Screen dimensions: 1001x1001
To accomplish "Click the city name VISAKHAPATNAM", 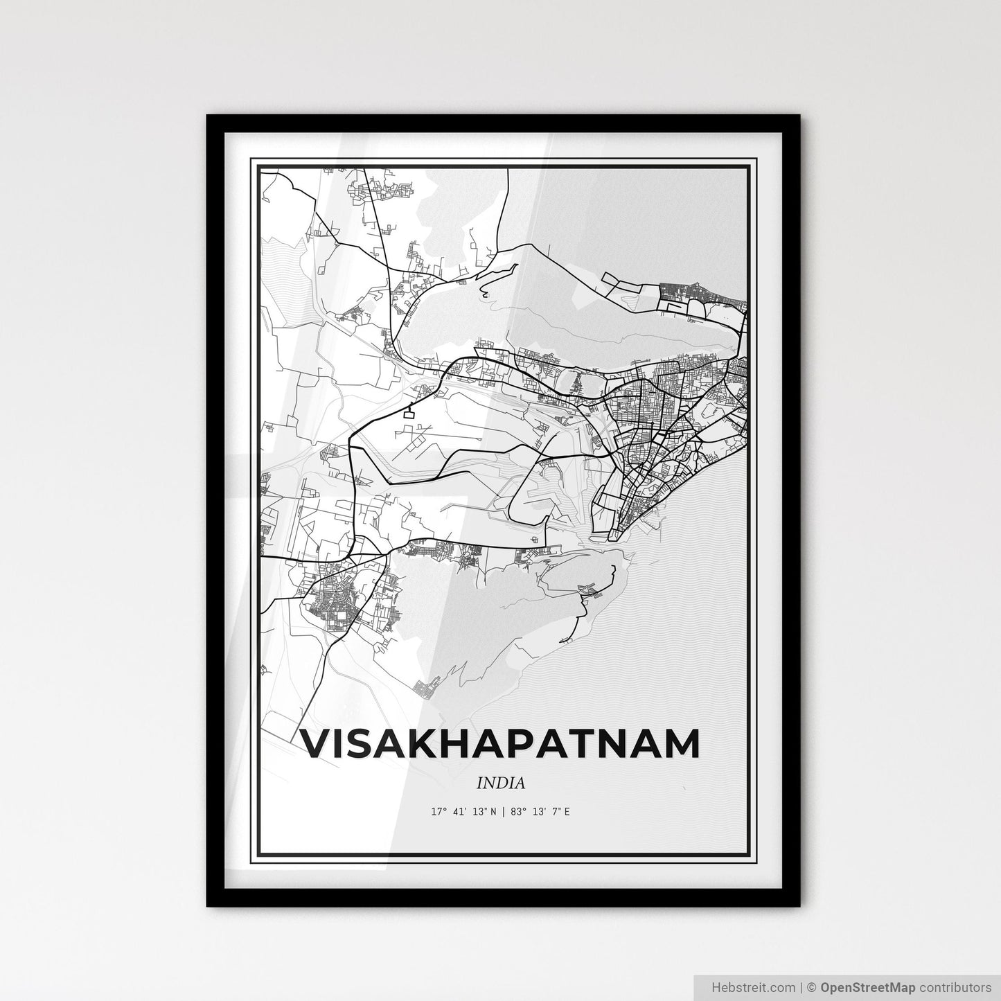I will coord(500,743).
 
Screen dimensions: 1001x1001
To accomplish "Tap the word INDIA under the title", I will coord(500,783).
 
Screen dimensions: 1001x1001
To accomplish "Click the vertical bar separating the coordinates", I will coord(504,811).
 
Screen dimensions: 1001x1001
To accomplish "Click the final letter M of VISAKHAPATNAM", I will coord(680,743).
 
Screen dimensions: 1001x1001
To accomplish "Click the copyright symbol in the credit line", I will coord(814,986).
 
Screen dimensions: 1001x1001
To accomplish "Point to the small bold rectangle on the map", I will coord(411,415).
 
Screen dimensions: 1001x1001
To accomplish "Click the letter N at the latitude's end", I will coord(493,811).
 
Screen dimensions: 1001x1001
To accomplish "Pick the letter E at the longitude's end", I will coord(567,811).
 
